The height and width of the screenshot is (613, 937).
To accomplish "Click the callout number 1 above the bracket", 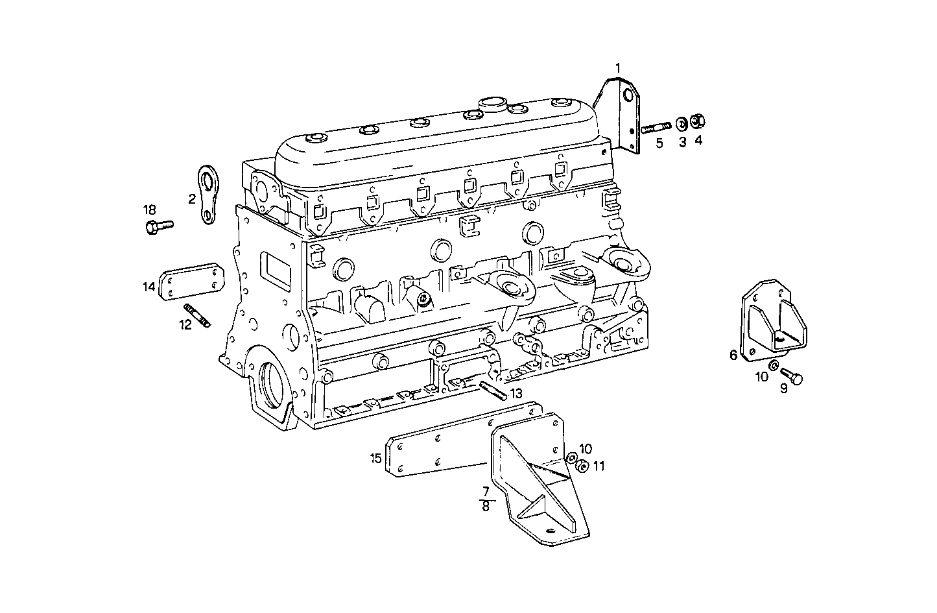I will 618,67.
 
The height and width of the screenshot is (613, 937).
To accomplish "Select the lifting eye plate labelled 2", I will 209,195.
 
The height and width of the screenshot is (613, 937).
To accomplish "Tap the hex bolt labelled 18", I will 157,226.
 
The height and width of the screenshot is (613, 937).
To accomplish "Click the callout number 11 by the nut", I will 599,466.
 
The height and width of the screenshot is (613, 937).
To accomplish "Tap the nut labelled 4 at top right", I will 698,121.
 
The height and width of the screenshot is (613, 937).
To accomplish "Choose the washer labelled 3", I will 682,123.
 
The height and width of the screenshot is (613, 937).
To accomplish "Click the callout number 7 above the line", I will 484,491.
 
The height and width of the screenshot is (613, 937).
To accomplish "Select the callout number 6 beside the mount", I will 733,355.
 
